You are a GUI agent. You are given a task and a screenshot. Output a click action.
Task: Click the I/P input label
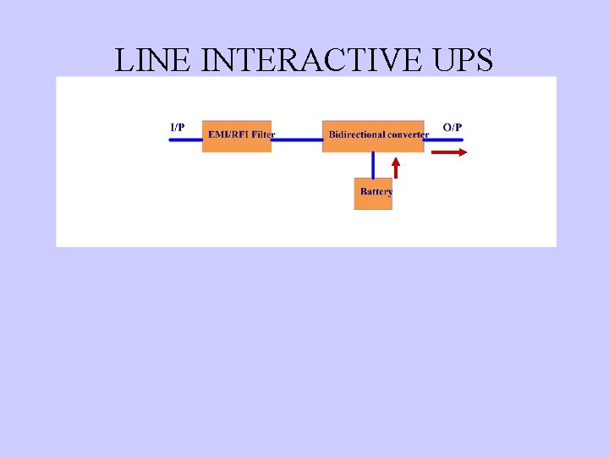click(x=178, y=127)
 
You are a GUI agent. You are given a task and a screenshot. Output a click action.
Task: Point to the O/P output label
click(x=453, y=127)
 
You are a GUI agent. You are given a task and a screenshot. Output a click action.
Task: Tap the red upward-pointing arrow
click(x=395, y=167)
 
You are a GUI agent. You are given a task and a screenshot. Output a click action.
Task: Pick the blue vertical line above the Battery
click(x=373, y=165)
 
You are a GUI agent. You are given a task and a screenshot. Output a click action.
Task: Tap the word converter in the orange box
click(x=408, y=135)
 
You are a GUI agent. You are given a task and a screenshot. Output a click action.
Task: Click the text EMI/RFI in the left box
click(x=228, y=135)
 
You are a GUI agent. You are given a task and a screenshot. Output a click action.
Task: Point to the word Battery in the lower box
click(x=376, y=192)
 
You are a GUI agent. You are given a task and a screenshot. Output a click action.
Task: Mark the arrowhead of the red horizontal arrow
click(x=462, y=152)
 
